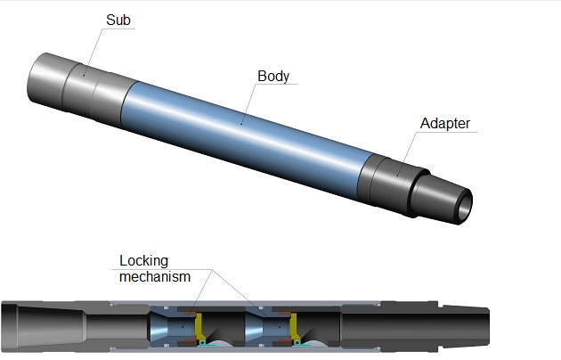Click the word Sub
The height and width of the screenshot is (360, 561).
coord(118,20)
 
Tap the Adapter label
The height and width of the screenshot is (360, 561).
coord(444,124)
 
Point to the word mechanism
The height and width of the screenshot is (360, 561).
coord(156,276)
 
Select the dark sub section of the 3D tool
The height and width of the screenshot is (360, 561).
coord(85,85)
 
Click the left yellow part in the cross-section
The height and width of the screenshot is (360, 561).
coord(199,324)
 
